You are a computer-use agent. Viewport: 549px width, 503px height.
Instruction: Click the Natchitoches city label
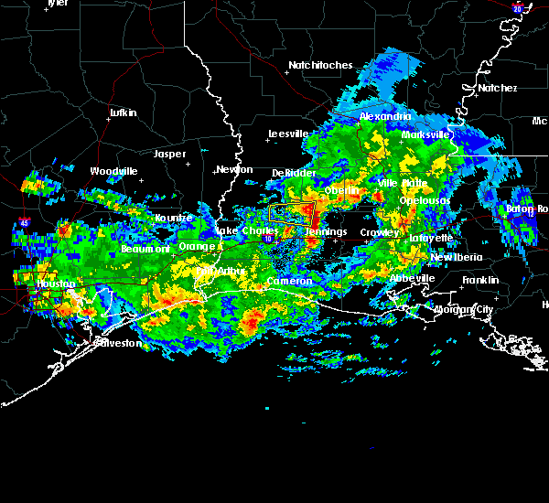point(320,65)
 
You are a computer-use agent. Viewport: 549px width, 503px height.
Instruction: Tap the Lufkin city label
point(123,112)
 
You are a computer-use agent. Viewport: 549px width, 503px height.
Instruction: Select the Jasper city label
point(169,154)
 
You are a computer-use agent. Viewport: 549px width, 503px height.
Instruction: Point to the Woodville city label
point(113,171)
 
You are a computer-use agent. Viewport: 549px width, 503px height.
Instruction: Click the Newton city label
point(234,169)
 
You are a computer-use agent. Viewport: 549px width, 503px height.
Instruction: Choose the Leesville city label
point(287,134)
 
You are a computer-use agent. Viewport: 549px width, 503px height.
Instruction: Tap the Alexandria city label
point(385,117)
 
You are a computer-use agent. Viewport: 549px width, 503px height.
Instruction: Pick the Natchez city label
point(497,88)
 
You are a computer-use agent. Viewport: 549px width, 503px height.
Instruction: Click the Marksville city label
point(426,134)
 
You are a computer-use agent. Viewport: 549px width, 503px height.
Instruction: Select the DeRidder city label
point(294,173)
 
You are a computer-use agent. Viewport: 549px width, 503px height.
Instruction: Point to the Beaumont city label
point(145,249)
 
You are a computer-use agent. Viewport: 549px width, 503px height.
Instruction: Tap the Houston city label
point(56,284)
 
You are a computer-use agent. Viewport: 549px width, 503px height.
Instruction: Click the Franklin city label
point(480,280)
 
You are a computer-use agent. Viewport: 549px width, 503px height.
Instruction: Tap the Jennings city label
point(326,231)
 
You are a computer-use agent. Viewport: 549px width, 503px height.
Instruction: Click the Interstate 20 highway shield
point(517,8)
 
